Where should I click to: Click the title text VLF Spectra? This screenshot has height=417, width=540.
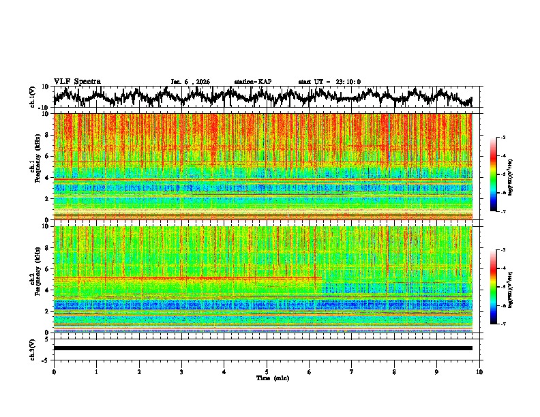77,82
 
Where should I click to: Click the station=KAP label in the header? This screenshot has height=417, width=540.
252,82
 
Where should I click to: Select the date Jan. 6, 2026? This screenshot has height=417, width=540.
190,82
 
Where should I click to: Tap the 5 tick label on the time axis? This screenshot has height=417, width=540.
267,372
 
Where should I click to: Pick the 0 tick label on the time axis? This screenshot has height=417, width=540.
54,372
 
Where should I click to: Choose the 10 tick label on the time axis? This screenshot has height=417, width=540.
479,372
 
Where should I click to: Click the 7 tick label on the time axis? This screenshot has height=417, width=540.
352,372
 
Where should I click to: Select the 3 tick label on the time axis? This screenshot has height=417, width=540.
181,372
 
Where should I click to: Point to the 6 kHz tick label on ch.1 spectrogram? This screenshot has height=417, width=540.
48,156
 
